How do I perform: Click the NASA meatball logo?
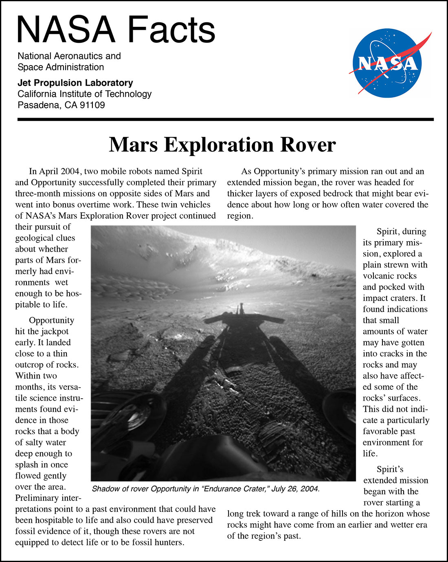(x=387, y=64)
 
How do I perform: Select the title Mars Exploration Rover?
(x=222, y=145)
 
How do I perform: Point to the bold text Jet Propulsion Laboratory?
(x=75, y=83)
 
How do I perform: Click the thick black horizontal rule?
(x=226, y=119)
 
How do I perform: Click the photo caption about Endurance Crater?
(x=206, y=489)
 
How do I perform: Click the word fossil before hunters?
(x=140, y=542)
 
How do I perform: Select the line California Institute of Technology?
(x=84, y=94)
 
